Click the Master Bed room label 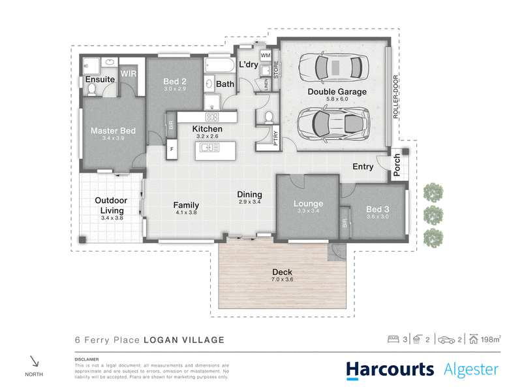click(113, 131)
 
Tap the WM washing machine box click(266, 56)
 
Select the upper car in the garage click(333, 67)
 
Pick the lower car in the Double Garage click(333, 123)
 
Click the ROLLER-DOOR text click(395, 97)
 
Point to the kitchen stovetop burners click(211, 117)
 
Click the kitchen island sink click(209, 147)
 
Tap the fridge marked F click(172, 149)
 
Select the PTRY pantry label click(275, 138)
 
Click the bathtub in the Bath click(220, 65)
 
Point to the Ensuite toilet click(91, 89)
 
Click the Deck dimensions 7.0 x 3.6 click(283, 280)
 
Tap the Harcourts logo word click(390, 370)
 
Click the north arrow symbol click(35, 361)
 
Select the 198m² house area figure click(491, 339)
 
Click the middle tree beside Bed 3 click(433, 216)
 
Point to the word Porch click(397, 165)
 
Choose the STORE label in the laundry click(276, 70)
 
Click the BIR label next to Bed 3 click(345, 223)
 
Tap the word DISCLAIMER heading click(87, 359)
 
